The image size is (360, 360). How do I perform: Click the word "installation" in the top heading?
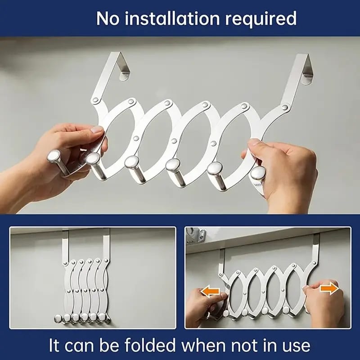[172, 18]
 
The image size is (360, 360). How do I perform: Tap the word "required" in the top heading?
[261, 19]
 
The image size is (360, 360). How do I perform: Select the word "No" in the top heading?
[108, 18]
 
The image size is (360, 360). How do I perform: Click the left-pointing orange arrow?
[210, 291]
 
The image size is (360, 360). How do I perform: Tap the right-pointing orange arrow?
[329, 288]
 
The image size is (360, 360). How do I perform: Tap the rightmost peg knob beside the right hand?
[257, 173]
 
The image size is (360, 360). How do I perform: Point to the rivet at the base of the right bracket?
[285, 107]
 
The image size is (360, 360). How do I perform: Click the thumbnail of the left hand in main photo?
[97, 130]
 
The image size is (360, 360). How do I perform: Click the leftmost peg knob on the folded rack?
[58, 319]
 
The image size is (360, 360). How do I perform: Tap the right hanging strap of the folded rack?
[106, 244]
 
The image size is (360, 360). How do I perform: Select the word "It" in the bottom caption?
[54, 345]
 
